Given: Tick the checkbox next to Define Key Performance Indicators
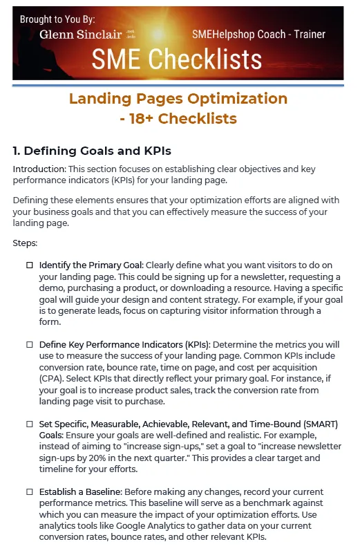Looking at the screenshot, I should point(30,344).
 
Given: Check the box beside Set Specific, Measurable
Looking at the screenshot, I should point(30,423).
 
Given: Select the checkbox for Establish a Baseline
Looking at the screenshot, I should point(30,491).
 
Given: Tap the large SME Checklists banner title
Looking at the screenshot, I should point(179,60).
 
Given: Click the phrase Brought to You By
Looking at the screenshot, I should point(57,19).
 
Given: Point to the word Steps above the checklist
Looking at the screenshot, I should point(26,244).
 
